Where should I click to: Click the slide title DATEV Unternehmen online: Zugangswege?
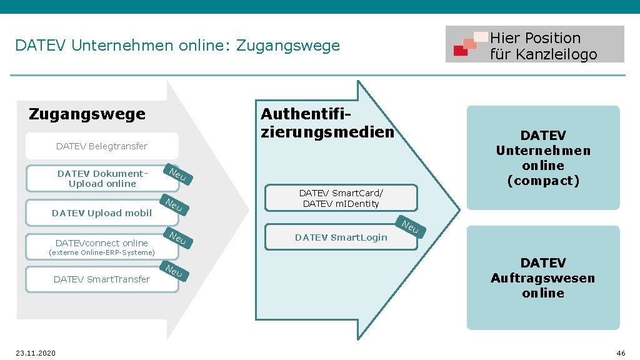[x=177, y=46]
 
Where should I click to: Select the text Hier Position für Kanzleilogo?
[x=543, y=46]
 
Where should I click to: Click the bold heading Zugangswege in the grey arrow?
[x=87, y=114]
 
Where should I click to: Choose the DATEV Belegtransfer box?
[x=102, y=146]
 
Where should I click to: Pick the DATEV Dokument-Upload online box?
[x=102, y=179]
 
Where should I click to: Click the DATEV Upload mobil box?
[x=102, y=213]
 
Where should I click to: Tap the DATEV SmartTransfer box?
[x=102, y=279]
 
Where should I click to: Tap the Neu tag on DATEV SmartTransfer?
[x=174, y=271]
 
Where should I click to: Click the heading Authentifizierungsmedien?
[x=327, y=123]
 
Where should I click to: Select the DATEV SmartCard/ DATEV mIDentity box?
[x=341, y=198]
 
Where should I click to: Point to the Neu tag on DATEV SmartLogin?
[x=410, y=227]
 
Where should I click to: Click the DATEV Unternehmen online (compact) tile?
[x=543, y=158]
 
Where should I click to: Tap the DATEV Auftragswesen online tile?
[x=543, y=278]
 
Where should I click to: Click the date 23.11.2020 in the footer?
[x=36, y=353]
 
